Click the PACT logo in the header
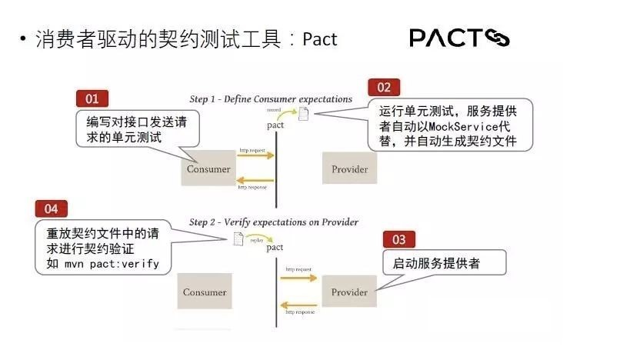point(459,38)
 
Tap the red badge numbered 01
point(92,98)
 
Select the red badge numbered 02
point(384,87)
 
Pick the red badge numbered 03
point(398,238)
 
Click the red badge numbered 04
point(52,208)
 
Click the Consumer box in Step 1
point(207,168)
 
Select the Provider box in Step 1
point(349,168)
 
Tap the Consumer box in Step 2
point(205,292)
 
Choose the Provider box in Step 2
point(349,292)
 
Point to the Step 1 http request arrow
point(254,155)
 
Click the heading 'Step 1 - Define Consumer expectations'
point(271,99)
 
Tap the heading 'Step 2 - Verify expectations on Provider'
point(274,222)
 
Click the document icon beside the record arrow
point(304,115)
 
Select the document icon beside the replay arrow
point(238,238)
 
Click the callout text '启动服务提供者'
point(435,263)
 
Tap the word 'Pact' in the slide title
point(320,39)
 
